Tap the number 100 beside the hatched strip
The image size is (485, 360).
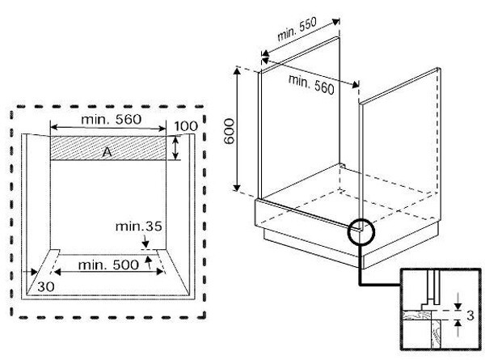pyautogui.click(x=186, y=127)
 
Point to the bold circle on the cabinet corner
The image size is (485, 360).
pyautogui.click(x=360, y=233)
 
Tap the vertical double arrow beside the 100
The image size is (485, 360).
pyautogui.click(x=176, y=148)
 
